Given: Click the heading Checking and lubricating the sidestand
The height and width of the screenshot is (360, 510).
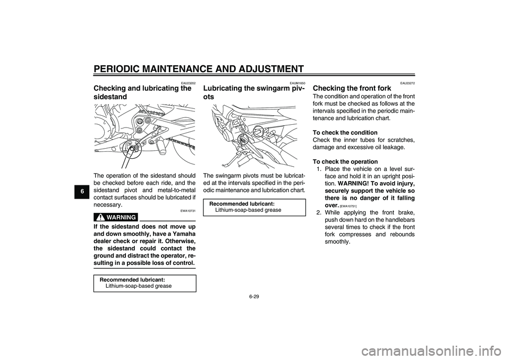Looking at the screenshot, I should tap(142, 93).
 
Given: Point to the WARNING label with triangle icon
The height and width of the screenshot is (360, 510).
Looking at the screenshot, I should tap(116, 217).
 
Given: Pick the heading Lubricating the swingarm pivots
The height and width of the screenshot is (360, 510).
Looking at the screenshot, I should tap(254, 93).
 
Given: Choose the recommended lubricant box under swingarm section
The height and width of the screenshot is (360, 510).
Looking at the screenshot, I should tap(254, 207).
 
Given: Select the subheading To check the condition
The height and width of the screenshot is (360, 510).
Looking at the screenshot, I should tap(345, 132).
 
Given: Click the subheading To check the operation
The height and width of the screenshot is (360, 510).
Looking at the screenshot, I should tap(345, 161).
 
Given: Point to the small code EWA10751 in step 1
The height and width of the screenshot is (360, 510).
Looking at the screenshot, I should tap(348, 206).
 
